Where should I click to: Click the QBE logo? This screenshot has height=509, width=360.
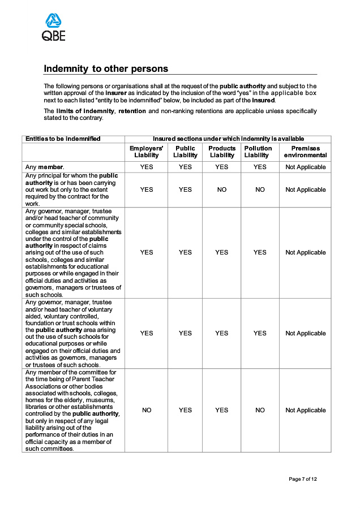[x=54, y=28]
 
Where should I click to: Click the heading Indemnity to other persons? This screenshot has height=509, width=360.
[x=106, y=69]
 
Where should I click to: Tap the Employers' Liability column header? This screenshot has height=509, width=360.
[x=146, y=152]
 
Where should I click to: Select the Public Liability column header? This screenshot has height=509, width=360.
[x=185, y=152]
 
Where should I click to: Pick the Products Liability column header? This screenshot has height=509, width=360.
[x=222, y=152]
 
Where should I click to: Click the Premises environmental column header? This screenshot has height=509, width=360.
[x=305, y=152]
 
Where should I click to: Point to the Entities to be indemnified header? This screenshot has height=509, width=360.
[x=63, y=139]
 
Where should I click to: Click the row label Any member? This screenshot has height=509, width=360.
[x=45, y=167]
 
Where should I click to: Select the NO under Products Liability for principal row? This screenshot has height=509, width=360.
[x=222, y=189]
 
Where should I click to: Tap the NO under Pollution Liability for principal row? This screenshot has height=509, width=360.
[x=260, y=189]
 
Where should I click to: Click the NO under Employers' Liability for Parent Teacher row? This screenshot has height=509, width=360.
[x=146, y=410]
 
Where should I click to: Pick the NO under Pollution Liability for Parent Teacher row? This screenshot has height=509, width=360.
[x=260, y=410]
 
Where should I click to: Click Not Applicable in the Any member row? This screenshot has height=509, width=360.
[x=305, y=167]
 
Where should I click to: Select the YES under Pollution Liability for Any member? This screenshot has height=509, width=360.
[x=260, y=167]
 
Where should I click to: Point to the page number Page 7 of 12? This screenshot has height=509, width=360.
[x=303, y=479]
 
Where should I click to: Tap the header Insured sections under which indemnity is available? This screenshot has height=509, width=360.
[x=228, y=139]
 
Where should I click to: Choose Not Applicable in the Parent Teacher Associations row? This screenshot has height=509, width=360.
[x=305, y=410]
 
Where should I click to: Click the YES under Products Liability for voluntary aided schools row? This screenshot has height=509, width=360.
[x=222, y=333]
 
